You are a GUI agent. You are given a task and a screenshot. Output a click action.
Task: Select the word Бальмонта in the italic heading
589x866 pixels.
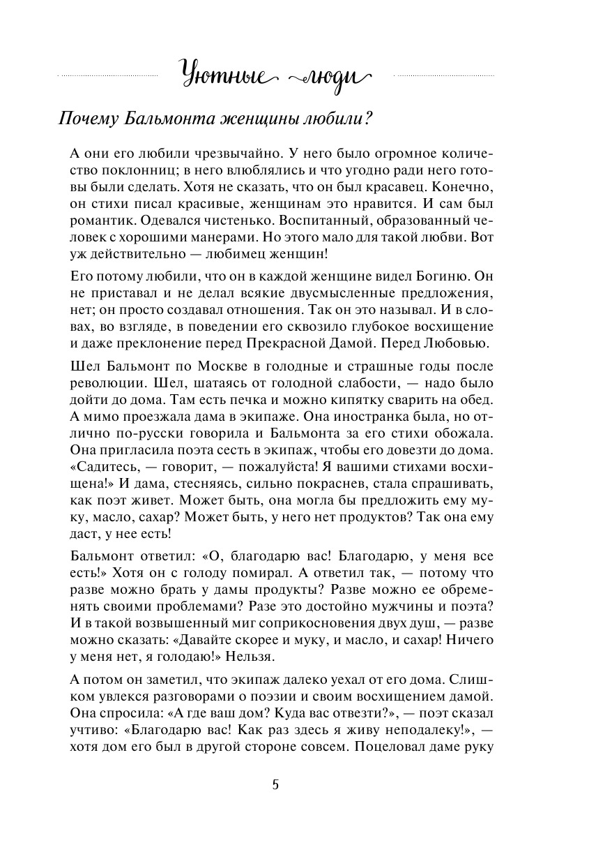[169, 119]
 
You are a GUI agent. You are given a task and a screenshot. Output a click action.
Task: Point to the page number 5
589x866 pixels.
[275, 784]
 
